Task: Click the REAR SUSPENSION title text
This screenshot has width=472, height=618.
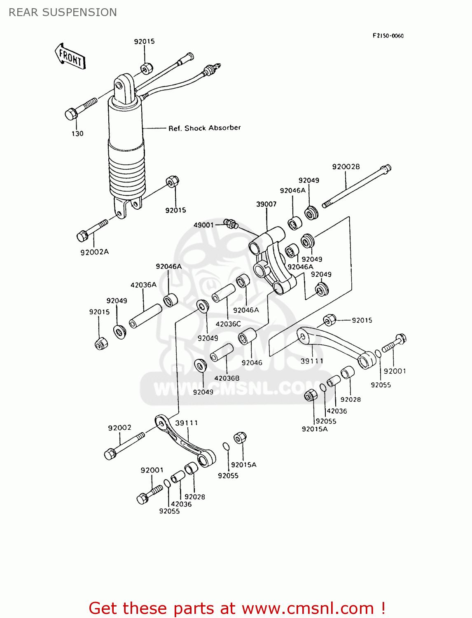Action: point(63,12)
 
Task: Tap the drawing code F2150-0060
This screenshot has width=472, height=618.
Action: point(388,36)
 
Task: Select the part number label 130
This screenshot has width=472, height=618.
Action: point(77,133)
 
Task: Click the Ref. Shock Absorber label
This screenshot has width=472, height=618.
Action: point(204,128)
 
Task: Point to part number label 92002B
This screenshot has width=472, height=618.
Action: point(346,167)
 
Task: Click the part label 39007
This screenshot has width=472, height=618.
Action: point(266,204)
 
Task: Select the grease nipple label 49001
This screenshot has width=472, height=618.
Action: point(203,225)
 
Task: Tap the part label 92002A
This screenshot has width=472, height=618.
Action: point(94,252)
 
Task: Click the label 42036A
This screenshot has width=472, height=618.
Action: point(143,285)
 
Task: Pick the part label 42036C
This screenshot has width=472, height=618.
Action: point(228,324)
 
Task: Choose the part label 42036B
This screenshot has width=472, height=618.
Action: point(227,378)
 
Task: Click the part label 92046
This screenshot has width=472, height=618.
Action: point(252,363)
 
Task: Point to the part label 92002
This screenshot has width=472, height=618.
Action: point(119,428)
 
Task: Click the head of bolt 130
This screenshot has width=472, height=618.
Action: point(71,114)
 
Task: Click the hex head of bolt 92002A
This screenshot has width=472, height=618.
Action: point(82,236)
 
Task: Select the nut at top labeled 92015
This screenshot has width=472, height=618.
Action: point(147,68)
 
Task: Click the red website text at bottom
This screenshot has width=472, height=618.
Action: point(237,608)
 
